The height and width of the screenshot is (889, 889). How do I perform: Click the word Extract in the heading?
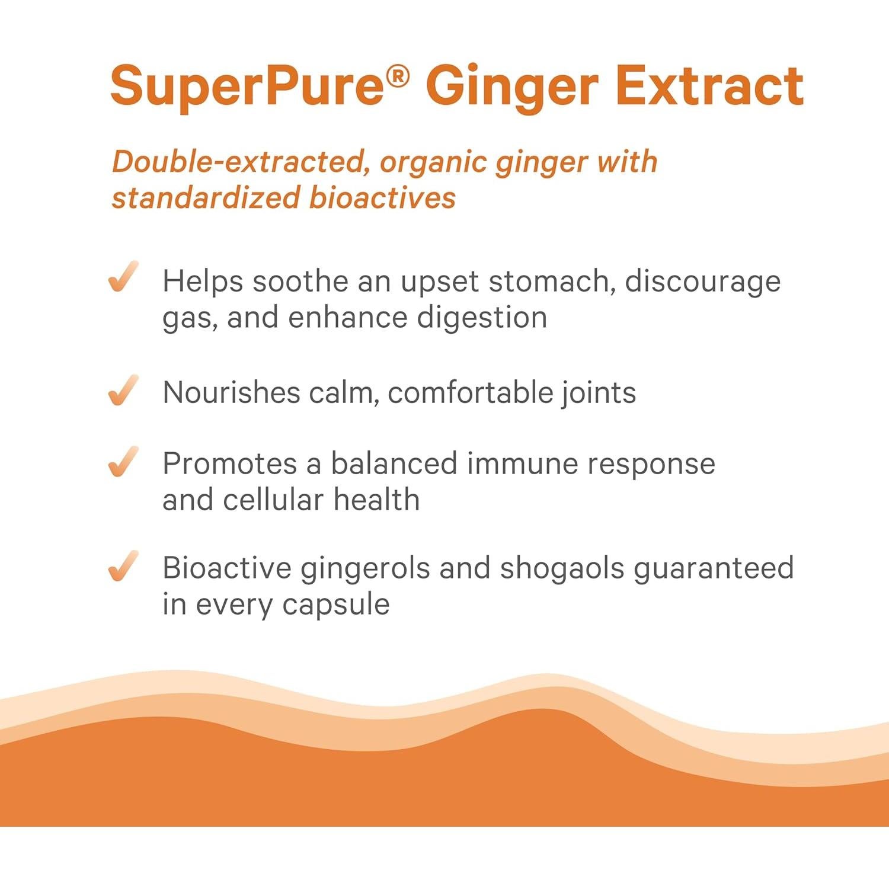tap(709, 87)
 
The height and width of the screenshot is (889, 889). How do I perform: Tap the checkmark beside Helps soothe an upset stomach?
tap(123, 277)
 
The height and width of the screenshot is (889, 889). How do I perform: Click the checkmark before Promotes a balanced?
tap(123, 462)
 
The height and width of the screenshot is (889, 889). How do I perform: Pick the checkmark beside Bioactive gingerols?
tap(123, 566)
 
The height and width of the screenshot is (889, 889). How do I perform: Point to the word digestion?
tap(481, 318)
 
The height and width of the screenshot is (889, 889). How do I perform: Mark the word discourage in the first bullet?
tap(702, 282)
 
